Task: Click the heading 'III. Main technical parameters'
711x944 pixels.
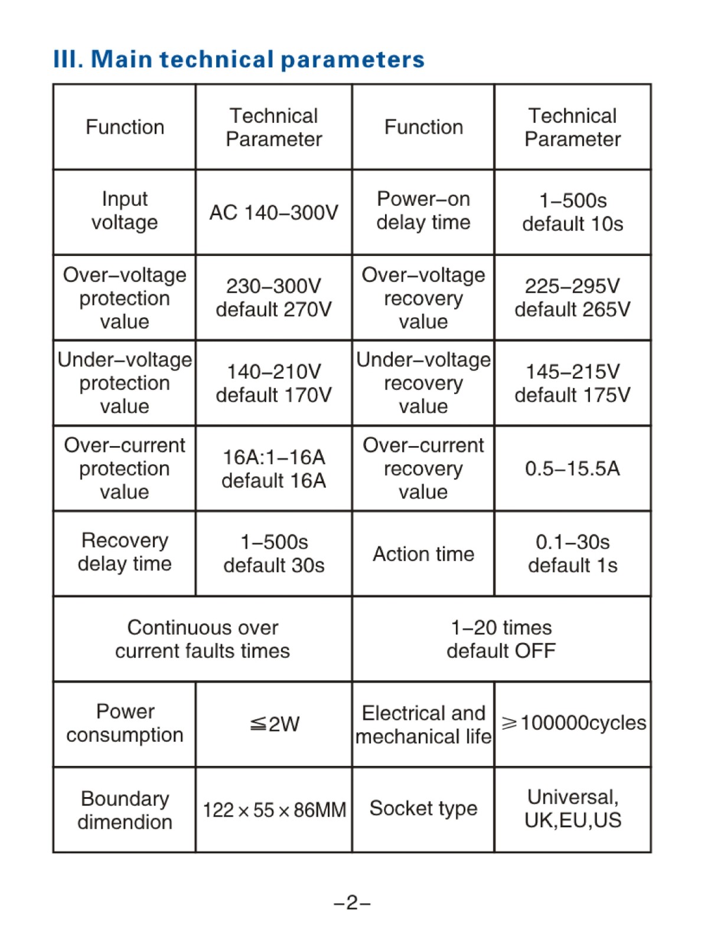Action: (x=239, y=60)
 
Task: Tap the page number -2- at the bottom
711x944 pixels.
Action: (x=352, y=902)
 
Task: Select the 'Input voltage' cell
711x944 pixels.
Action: (x=125, y=211)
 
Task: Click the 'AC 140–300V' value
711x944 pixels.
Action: (x=274, y=212)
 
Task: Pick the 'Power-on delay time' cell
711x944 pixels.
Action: (x=423, y=211)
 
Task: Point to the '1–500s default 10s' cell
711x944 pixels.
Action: (x=573, y=212)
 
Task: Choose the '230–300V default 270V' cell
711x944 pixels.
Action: (x=274, y=297)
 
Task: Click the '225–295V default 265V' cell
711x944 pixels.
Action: (x=573, y=297)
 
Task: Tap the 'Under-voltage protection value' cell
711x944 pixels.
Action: (x=125, y=383)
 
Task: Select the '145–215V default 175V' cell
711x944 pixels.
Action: (x=573, y=383)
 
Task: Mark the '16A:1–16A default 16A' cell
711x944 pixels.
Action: (x=274, y=468)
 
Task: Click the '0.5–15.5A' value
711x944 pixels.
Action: (x=573, y=468)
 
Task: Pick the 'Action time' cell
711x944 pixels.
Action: (x=423, y=554)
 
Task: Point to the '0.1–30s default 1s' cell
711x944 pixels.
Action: (x=573, y=553)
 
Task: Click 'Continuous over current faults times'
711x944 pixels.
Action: (x=203, y=639)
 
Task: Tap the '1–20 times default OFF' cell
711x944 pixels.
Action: (x=501, y=639)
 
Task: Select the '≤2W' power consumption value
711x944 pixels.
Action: (x=275, y=724)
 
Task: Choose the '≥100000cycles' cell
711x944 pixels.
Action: (x=573, y=723)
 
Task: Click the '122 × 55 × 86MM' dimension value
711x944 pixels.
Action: (x=274, y=810)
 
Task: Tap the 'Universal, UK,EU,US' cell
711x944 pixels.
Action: (x=573, y=808)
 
